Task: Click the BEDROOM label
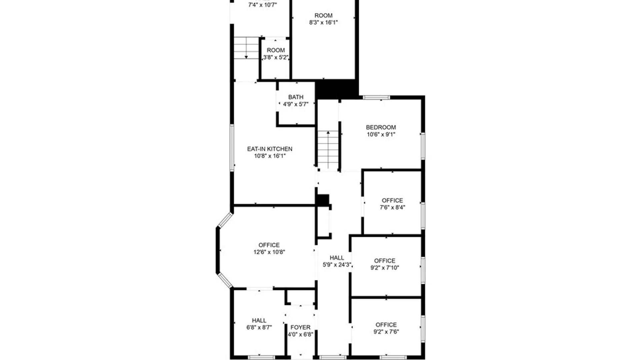(381, 127)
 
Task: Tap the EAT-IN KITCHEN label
(270, 149)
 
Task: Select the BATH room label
(296, 97)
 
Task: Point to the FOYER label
(300, 327)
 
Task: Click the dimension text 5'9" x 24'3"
(337, 265)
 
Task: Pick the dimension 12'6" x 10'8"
(269, 252)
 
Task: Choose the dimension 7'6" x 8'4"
(392, 207)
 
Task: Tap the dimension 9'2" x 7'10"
(385, 268)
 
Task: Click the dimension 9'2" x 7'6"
(386, 332)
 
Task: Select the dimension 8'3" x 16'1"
(323, 22)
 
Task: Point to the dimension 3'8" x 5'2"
(276, 57)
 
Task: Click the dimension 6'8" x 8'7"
(259, 327)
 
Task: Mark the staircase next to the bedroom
(328, 150)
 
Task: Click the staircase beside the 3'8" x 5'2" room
(246, 48)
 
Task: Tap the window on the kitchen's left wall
(232, 148)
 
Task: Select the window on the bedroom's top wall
(376, 98)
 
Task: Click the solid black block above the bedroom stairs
(337, 89)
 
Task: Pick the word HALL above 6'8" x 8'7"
(259, 320)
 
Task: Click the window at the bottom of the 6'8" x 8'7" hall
(262, 357)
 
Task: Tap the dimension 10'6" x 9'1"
(381, 134)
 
